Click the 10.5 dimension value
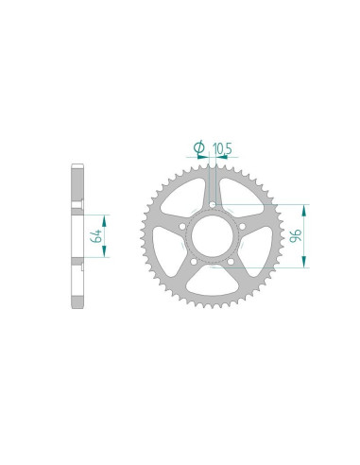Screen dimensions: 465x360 pyautogui.click(x=223, y=147)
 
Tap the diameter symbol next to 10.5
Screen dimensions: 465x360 pyautogui.click(x=199, y=147)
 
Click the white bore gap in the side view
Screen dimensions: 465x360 pyautogui.click(x=77, y=235)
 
